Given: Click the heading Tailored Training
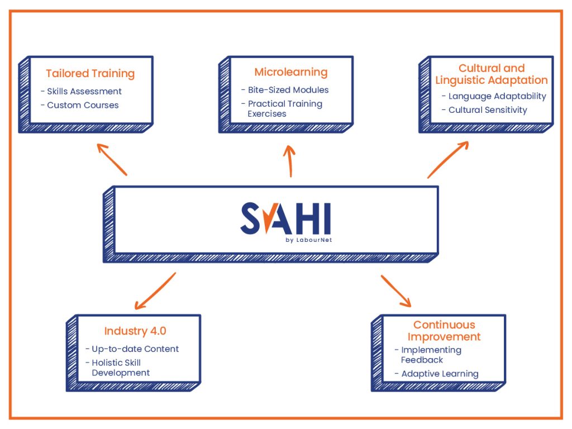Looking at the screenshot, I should click(x=90, y=73).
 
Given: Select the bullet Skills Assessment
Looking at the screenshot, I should click(x=84, y=91).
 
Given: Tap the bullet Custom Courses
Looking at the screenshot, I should click(x=83, y=105).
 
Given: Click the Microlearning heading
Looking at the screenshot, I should click(x=290, y=72).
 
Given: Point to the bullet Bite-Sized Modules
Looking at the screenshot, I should click(x=288, y=90).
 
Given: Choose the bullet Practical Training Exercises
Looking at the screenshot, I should click(x=284, y=108).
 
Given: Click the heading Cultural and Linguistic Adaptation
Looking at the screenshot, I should click(x=492, y=74).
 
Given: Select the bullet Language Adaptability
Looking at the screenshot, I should click(x=497, y=96).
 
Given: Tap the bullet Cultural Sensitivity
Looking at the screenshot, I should click(x=487, y=110).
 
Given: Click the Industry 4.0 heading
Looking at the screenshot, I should click(x=135, y=331).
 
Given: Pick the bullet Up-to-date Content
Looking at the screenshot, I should click(x=135, y=349).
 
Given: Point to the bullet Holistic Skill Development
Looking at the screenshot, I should click(x=121, y=368).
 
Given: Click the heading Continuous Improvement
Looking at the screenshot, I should click(x=444, y=331).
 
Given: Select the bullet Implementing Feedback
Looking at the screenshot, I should click(x=431, y=355).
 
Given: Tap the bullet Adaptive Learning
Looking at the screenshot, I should click(x=439, y=374).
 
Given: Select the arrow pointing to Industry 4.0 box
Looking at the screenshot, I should click(x=155, y=291).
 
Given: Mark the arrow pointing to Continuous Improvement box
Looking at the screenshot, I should click(x=396, y=290).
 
